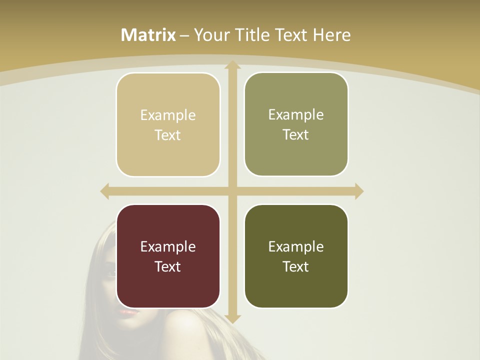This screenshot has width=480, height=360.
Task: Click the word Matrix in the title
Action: pyautogui.click(x=148, y=35)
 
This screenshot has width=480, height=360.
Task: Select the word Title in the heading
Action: pyautogui.click(x=249, y=35)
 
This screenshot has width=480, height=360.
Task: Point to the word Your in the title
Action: pyautogui.click(x=210, y=35)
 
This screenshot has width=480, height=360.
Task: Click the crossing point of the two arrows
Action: pyautogui.click(x=232, y=191)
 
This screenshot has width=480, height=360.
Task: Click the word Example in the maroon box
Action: pyautogui.click(x=168, y=246)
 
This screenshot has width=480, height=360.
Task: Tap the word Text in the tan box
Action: pyautogui.click(x=168, y=135)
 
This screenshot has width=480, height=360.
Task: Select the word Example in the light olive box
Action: pyautogui.click(x=296, y=114)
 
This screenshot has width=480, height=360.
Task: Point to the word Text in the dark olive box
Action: pyautogui.click(x=296, y=266)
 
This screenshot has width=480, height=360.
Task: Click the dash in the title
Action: pyautogui.click(x=184, y=35)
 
